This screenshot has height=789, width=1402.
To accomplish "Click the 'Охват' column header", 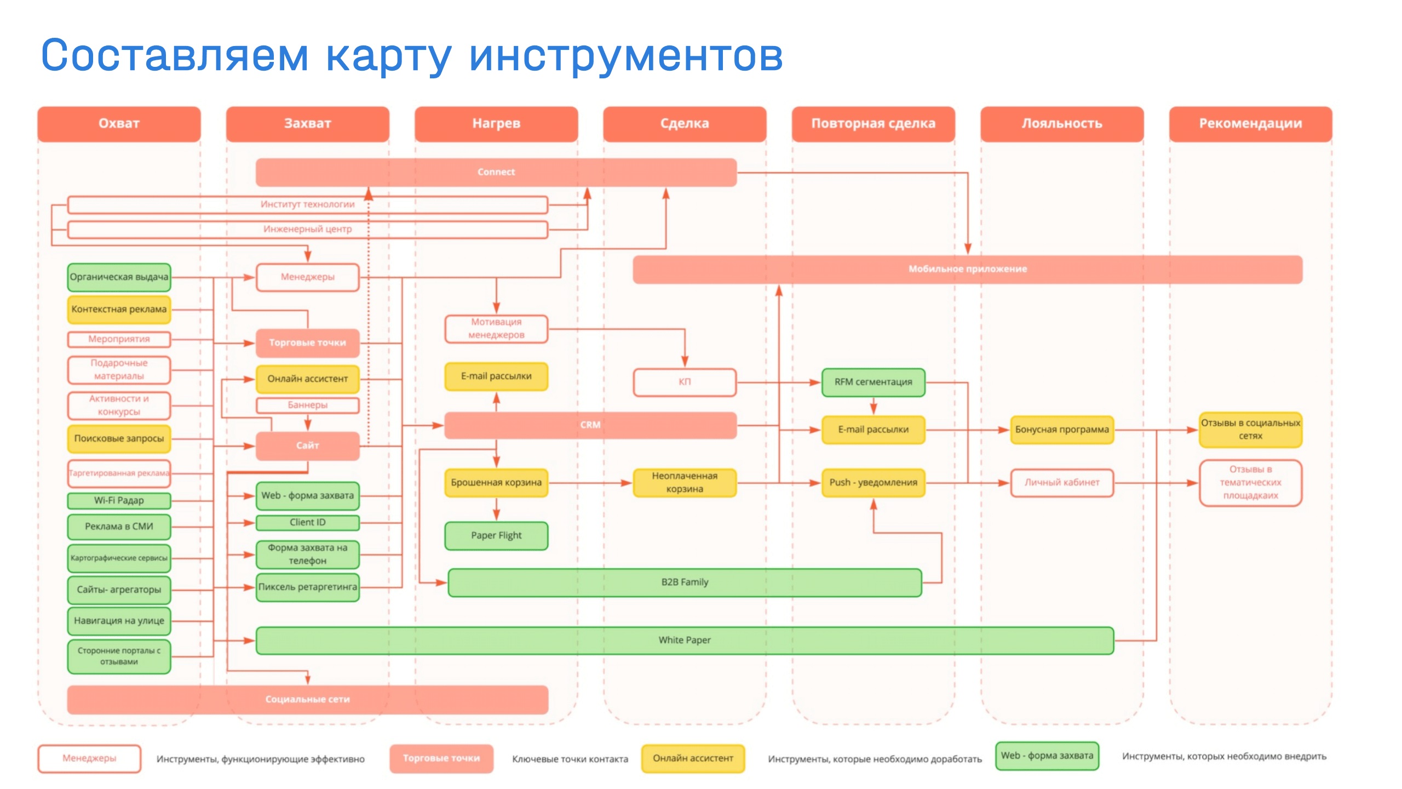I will (119, 124).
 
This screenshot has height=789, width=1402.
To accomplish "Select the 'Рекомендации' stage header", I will (1250, 124).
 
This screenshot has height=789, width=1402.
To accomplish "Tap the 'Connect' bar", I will (496, 172).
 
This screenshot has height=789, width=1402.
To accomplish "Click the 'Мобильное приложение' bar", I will (967, 269).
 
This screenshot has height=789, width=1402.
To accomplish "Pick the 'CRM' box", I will (590, 425).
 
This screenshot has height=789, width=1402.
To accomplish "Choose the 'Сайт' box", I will (307, 445).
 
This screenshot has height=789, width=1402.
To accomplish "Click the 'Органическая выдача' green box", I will (119, 277).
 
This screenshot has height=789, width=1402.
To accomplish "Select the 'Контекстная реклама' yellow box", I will (119, 310).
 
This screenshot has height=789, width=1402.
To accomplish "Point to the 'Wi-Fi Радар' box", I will (119, 500).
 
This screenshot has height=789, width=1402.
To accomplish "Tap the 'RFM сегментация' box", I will (873, 382).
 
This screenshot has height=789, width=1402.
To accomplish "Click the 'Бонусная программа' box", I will (1061, 430).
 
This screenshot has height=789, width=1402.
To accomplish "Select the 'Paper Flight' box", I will (496, 535).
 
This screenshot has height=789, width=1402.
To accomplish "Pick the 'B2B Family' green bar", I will (685, 582).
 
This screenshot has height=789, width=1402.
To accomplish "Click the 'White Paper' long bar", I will (685, 640).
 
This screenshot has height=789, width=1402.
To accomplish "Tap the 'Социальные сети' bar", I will (307, 699).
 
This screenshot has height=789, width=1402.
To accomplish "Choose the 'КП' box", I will (685, 382).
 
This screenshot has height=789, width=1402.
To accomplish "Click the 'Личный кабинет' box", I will (1061, 483).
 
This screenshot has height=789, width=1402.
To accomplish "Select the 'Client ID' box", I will (307, 522).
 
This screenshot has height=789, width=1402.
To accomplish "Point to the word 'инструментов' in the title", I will (626, 56).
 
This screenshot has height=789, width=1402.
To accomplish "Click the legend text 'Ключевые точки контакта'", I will (570, 759).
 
